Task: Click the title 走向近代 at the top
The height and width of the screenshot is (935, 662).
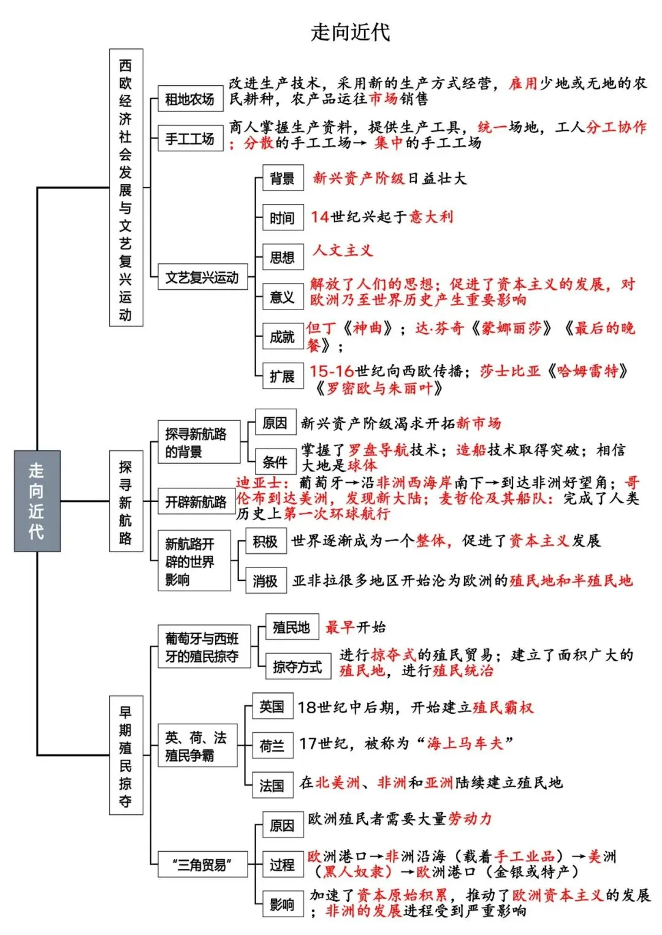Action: click(x=351, y=32)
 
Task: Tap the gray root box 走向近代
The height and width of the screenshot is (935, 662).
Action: click(x=37, y=501)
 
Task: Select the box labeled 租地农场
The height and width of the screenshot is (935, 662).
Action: click(x=191, y=99)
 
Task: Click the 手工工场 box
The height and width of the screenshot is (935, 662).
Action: click(x=191, y=138)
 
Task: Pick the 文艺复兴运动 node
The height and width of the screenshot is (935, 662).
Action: click(x=202, y=277)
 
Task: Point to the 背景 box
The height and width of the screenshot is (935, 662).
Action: click(x=283, y=178)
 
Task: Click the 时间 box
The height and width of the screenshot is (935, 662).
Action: click(x=283, y=218)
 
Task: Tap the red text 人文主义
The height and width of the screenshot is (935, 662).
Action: click(x=343, y=251)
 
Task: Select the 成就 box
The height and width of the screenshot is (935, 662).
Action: click(x=283, y=336)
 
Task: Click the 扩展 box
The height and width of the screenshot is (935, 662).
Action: click(x=283, y=376)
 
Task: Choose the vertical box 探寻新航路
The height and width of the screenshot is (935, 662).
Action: click(x=126, y=501)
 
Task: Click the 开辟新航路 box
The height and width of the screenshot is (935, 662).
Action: click(x=196, y=501)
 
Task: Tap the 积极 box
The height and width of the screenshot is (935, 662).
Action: click(x=265, y=542)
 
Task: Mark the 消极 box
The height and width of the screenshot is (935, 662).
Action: click(x=265, y=580)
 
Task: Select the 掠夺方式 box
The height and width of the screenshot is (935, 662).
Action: click(x=299, y=666)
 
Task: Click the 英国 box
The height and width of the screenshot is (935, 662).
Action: click(x=272, y=706)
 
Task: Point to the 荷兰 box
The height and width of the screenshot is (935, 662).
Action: click(x=272, y=746)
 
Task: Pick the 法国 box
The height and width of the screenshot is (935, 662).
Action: click(x=272, y=785)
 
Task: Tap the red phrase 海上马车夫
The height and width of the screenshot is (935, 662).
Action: click(x=465, y=743)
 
